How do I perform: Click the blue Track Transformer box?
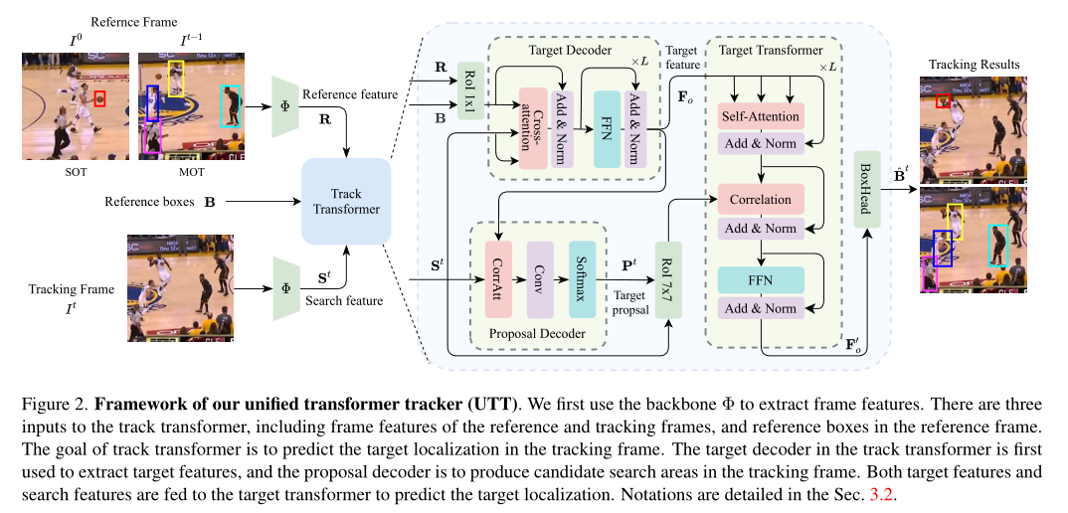(346, 202)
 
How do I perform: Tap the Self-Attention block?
(760, 116)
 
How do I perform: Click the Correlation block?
(760, 200)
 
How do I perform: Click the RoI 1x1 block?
(469, 91)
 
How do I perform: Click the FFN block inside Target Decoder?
(603, 127)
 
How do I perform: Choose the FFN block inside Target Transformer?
(760, 281)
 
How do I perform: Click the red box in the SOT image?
(99, 99)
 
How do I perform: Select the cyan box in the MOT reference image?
(230, 105)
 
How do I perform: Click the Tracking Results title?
(974, 65)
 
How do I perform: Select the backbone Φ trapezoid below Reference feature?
(285, 105)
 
